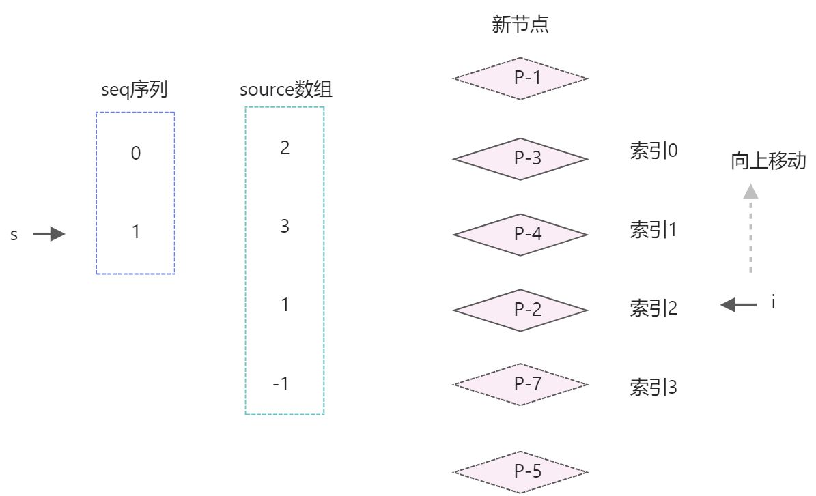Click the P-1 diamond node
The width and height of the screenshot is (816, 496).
tap(520, 78)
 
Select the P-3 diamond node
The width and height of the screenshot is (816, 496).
tap(520, 159)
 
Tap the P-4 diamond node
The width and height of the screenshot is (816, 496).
tap(520, 235)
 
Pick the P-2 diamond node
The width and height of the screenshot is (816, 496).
tap(520, 310)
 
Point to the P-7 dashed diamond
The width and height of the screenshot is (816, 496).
tap(520, 384)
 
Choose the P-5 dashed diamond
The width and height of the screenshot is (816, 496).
tap(520, 472)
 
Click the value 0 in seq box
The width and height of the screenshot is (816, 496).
tap(136, 154)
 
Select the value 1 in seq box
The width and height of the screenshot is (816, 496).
tap(136, 233)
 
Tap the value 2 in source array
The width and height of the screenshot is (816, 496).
tap(285, 147)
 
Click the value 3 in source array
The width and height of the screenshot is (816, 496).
tap(285, 227)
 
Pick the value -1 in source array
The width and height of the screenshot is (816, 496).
tap(281, 384)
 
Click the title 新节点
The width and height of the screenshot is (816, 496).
tap(520, 26)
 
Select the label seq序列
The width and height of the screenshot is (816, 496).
tap(134, 89)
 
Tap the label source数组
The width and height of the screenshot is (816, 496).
tap(286, 89)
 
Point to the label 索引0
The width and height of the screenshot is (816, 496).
tap(653, 151)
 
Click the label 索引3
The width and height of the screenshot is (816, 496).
tap(653, 388)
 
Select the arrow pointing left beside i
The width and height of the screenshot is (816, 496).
tap(739, 305)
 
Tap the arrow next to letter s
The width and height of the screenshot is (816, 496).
tap(48, 235)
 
